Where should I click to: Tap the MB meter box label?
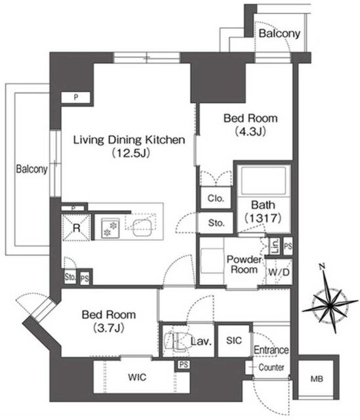(317, 379)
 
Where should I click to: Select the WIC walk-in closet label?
(137, 377)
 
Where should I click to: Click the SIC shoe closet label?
(234, 341)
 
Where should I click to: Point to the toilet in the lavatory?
(177, 341)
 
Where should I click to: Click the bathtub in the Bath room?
(264, 180)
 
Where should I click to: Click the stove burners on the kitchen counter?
(110, 228)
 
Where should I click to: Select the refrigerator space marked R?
(76, 228)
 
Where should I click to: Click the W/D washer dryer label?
(279, 272)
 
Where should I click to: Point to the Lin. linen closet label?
(275, 247)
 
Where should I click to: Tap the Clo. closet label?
(216, 198)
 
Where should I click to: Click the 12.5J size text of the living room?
(130, 153)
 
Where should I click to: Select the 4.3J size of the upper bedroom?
(250, 131)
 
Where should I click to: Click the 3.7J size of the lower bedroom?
(109, 328)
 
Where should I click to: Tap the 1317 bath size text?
(263, 218)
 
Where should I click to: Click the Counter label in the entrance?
(271, 367)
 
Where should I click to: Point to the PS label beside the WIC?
(184, 365)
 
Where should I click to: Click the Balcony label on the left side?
(32, 169)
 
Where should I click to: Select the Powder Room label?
(244, 264)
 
